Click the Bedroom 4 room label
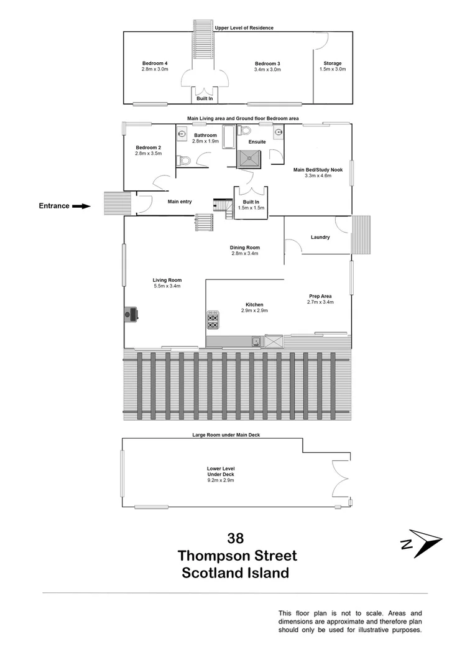click(x=155, y=63)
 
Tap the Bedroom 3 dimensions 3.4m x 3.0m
click(x=268, y=70)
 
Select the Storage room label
click(x=333, y=63)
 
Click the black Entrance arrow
click(x=81, y=206)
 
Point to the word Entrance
click(x=54, y=206)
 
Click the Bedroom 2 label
click(x=148, y=147)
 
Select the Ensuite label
click(x=257, y=142)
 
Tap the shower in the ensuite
click(x=252, y=159)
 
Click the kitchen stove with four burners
click(x=213, y=320)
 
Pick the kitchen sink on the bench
click(x=256, y=341)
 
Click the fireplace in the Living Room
click(x=131, y=314)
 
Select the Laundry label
click(x=320, y=237)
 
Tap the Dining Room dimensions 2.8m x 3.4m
click(x=244, y=253)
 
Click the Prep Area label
click(x=320, y=296)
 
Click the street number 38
click(x=236, y=538)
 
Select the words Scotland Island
click(x=235, y=573)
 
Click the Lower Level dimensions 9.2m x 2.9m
click(x=221, y=480)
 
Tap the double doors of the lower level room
click(x=341, y=479)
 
